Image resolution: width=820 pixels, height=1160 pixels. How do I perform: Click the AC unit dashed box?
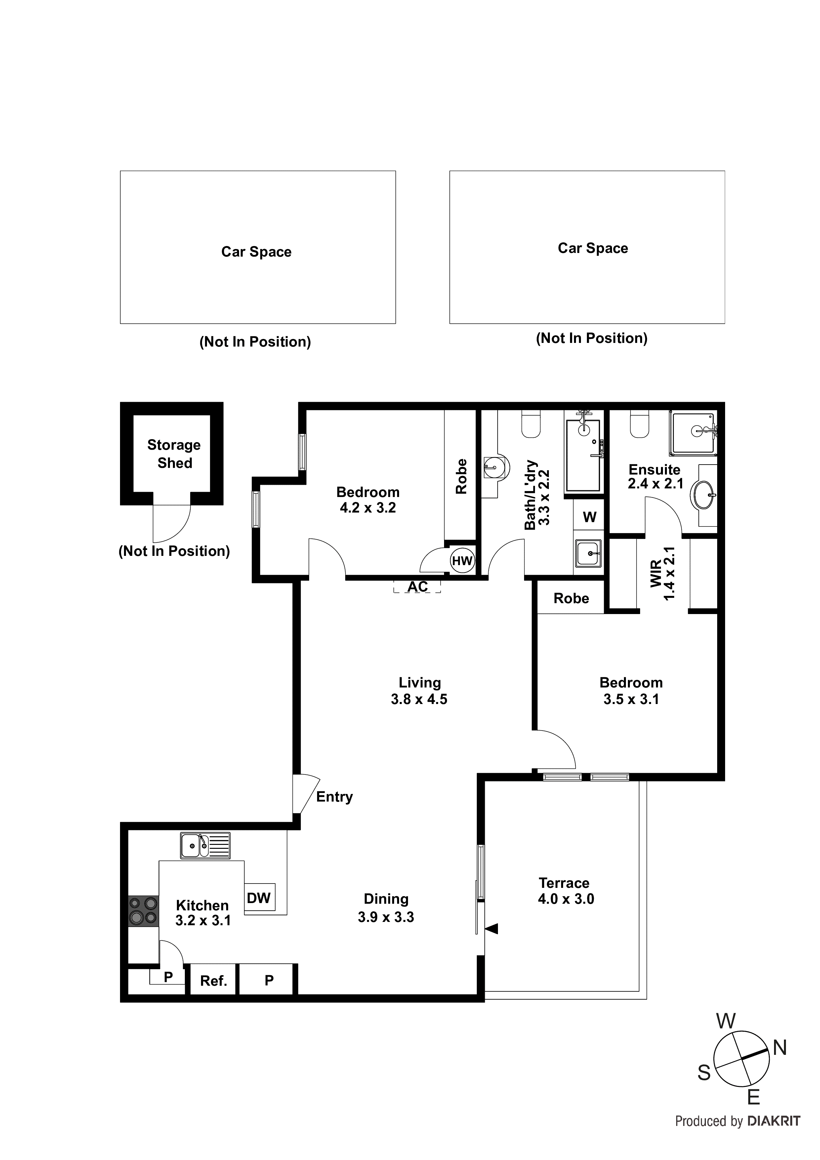[417, 587]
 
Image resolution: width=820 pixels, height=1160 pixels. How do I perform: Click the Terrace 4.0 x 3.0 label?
[565, 891]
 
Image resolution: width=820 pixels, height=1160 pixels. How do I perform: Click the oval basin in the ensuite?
[704, 495]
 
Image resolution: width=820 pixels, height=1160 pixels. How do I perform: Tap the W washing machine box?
[589, 517]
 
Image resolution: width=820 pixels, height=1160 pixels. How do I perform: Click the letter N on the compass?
[780, 1048]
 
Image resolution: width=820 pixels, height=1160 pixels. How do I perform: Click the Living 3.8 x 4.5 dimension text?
[419, 700]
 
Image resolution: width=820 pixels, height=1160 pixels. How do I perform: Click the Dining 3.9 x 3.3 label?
[386, 908]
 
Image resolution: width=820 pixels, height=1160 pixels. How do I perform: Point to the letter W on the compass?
[725, 1021]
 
